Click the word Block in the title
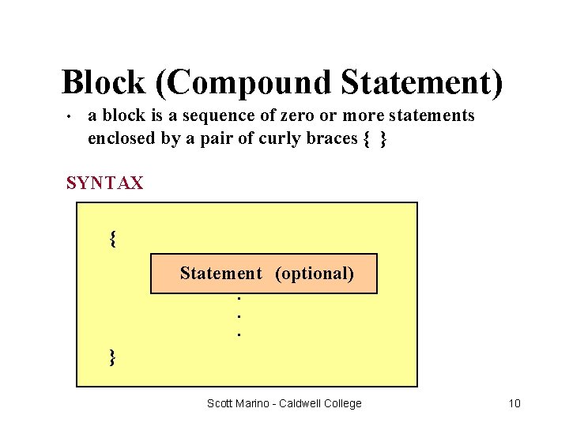[x=103, y=82]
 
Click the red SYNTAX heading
[x=105, y=183]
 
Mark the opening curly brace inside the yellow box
[x=113, y=238]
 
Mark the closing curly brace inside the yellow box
[x=113, y=357]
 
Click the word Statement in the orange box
[x=220, y=274]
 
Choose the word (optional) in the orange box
[x=314, y=274]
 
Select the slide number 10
[x=514, y=403]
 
